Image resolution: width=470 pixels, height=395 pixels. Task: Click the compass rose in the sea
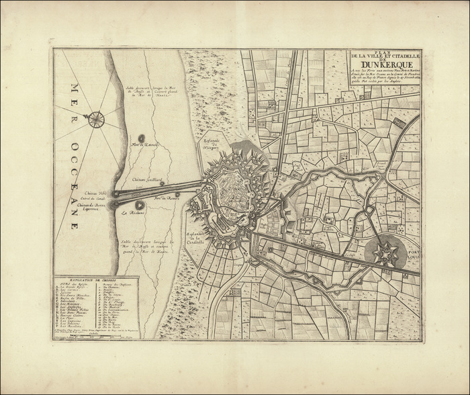pos(96,120)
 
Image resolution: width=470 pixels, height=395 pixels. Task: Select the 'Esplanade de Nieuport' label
pos(212,143)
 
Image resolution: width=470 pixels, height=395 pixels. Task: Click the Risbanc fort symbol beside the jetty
pos(139,204)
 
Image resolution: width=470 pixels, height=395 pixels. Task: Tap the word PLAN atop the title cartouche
pos(381,52)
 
